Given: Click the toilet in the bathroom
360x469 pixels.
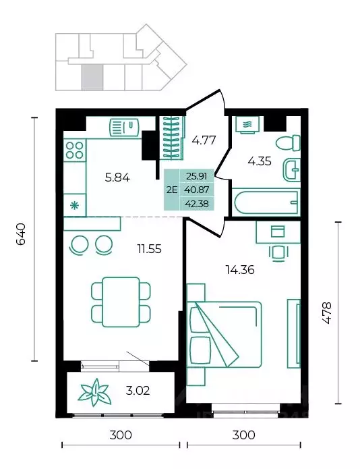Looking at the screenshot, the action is [x=288, y=142].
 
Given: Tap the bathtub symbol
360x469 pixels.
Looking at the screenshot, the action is [x=266, y=202].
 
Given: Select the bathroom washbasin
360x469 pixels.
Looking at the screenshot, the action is [x=291, y=170].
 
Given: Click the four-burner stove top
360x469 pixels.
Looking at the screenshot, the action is [x=75, y=150].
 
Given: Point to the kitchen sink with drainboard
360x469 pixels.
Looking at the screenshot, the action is [x=124, y=128].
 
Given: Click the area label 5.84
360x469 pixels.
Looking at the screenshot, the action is [x=117, y=177].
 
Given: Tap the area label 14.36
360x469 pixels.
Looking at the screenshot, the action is [x=240, y=270].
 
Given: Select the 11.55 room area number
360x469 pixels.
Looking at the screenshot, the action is [x=149, y=248].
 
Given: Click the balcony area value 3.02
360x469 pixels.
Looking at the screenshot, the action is [x=138, y=391].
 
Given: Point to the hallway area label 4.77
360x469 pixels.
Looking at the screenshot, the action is [x=204, y=140].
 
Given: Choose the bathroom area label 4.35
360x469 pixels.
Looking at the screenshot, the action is [x=260, y=161].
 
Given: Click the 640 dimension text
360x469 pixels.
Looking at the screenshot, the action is [x=21, y=234].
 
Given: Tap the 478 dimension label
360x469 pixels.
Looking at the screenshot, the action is [x=327, y=313].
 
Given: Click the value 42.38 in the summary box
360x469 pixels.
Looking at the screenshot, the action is [x=197, y=204].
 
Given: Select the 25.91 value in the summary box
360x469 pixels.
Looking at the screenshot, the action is [x=197, y=176].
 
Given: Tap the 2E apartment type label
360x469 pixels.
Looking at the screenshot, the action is [x=172, y=190].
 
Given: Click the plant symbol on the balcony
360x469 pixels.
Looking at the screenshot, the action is [x=95, y=393].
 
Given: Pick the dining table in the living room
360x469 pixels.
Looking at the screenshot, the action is [x=121, y=302].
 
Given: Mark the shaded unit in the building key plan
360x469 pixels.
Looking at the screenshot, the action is [x=92, y=77].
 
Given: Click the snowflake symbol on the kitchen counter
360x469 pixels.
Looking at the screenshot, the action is [x=74, y=206].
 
